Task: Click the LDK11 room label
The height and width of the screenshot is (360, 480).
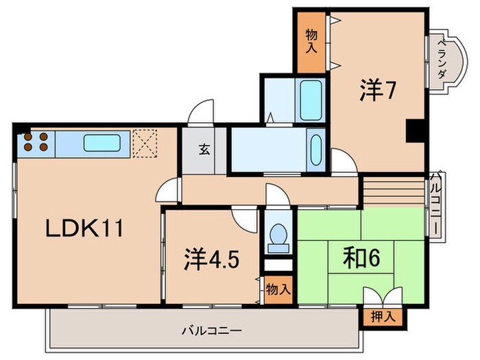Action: (x=84, y=228)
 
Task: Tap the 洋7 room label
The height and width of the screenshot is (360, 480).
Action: (x=376, y=92)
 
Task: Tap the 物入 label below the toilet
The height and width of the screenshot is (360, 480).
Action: (x=277, y=289)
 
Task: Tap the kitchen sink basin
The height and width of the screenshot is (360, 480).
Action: (x=103, y=143)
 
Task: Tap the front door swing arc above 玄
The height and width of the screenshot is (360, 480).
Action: (x=201, y=113)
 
